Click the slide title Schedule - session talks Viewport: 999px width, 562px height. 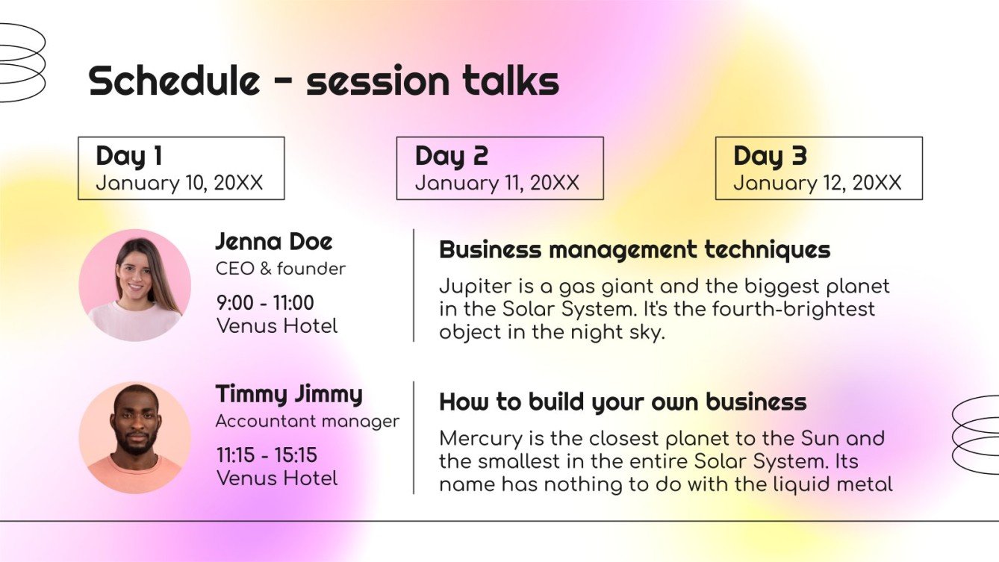pos(323,81)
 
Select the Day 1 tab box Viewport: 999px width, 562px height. pos(181,168)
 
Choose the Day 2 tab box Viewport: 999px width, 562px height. pos(500,168)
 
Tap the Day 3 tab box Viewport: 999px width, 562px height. pos(818,168)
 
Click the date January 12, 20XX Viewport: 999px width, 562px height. pos(817,183)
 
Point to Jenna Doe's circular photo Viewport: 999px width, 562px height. pos(135,285)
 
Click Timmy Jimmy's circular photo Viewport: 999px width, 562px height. pos(135,438)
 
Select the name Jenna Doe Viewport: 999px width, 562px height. pos(274,242)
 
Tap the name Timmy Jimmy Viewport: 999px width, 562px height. pos(289,394)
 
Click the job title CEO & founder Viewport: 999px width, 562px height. pos(281,269)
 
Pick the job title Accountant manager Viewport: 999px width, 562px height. pos(308,421)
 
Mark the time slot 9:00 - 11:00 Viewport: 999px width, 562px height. pos(265,303)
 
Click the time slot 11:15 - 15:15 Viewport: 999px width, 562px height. pos(267,455)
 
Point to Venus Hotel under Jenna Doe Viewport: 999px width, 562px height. pos(277,326)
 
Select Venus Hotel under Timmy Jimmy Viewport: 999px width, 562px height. pos(277,478)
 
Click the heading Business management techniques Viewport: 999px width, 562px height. pos(635,249)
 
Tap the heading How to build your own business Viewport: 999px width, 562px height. pos(623,402)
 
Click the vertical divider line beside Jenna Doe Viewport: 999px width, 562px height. pos(414,285)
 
